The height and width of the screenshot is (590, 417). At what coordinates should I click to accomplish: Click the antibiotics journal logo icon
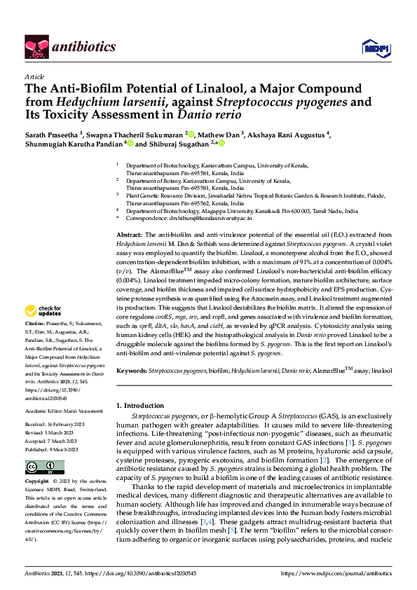pos(36,47)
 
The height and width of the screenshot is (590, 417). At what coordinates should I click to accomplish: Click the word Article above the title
pos(34,77)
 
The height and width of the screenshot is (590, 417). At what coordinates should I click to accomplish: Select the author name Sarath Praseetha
pos(53,134)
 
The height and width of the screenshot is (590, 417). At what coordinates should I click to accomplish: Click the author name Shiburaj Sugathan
pos(179,144)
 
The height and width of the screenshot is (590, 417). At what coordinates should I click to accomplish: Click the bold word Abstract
pos(129,233)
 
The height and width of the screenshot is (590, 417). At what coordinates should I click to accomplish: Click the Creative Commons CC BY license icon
pos(35,467)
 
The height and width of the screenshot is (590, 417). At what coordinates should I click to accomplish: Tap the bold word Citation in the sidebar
pos(35,343)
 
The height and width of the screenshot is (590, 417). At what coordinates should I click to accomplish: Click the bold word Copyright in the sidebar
pos(37,482)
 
